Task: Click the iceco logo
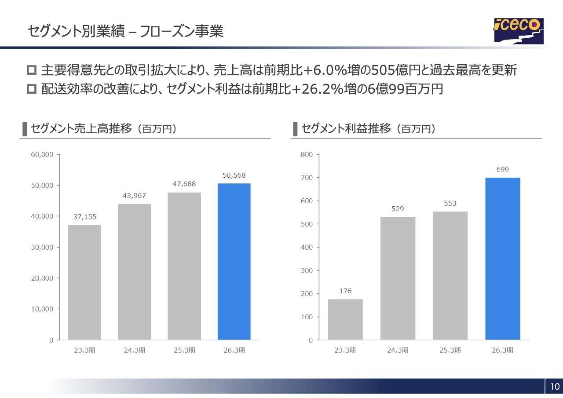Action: pos(519,31)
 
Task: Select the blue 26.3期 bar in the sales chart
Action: pos(234,262)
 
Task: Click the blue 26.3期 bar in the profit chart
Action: pos(503,259)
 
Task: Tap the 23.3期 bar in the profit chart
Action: pos(345,319)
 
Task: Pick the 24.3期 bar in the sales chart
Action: pos(135,272)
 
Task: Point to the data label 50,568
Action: pos(234,175)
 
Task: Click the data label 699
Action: pos(503,169)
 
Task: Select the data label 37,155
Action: pos(85,216)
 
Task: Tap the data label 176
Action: pos(345,291)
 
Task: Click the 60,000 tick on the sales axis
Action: pos(42,154)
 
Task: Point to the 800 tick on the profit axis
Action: pos(307,154)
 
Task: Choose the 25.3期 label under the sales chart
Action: pos(184,350)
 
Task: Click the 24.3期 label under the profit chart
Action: pos(398,350)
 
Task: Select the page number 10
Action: pos(555,387)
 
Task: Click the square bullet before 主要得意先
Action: pos(32,70)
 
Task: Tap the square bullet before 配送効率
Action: pos(32,89)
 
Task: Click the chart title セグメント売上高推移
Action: pos(81,128)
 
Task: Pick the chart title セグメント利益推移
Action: pos(346,128)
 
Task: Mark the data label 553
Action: pos(450,203)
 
